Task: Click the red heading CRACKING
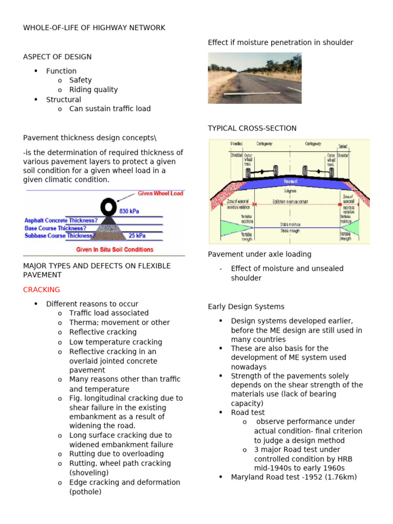[41, 290]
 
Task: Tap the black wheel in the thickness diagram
[108, 206]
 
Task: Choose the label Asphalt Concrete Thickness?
[61, 221]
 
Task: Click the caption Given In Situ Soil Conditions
[115, 250]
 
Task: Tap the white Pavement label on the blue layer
[290, 181]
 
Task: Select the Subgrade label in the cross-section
[290, 190]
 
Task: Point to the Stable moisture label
[290, 224]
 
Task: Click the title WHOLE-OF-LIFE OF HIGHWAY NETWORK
[94, 28]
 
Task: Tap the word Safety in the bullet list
[80, 80]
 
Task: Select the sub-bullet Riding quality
[93, 90]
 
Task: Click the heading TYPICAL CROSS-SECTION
[252, 128]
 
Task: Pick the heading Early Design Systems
[246, 307]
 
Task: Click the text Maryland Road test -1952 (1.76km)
[294, 477]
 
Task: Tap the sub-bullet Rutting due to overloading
[116, 454]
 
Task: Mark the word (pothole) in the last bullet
[85, 492]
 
